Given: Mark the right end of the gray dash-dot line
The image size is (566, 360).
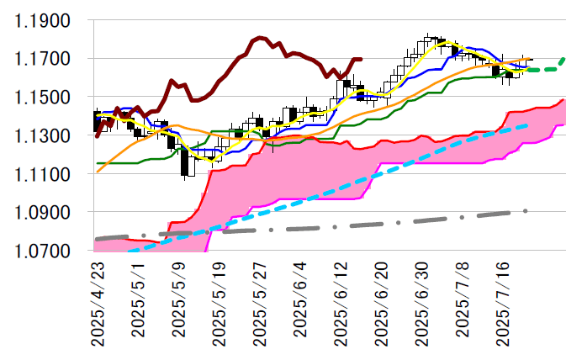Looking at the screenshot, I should point(526,211).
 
